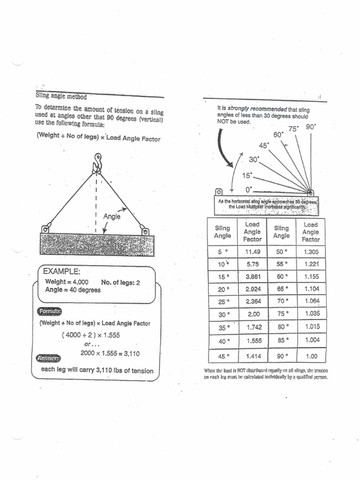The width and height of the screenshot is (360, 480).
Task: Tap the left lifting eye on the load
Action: point(45,229)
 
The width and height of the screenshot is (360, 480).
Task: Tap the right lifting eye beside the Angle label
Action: point(145,230)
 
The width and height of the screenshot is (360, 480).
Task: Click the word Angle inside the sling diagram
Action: point(112,216)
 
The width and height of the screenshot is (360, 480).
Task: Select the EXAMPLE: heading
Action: point(60,271)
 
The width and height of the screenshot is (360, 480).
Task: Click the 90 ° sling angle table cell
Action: point(282,357)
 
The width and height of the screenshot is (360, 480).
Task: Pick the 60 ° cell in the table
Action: point(282,277)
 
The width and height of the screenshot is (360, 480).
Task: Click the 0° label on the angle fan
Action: point(249,189)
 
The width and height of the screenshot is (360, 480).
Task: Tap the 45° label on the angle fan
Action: point(264,145)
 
